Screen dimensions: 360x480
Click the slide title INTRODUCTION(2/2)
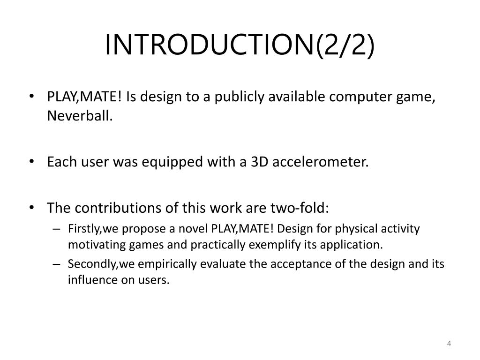(x=240, y=45)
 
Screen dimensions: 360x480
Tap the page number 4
(x=449, y=344)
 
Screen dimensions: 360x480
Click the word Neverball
(x=80, y=117)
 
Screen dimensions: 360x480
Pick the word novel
(x=196, y=229)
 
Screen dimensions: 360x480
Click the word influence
(x=88, y=280)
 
